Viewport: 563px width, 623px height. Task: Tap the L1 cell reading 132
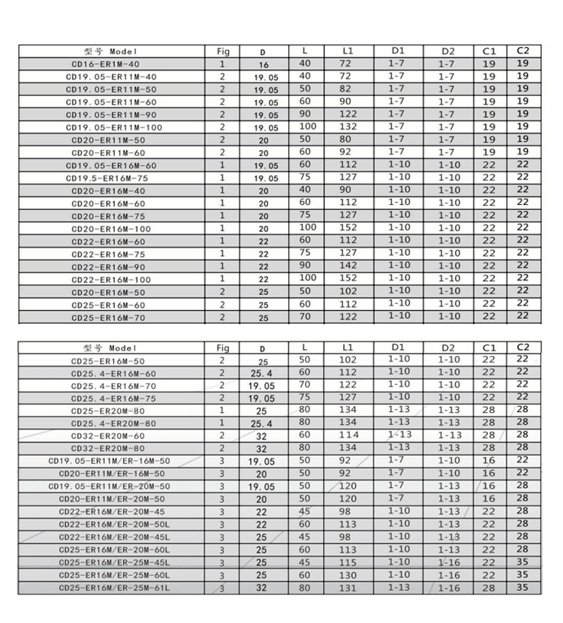[x=345, y=127]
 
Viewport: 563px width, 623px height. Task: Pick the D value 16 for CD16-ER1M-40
[x=263, y=65]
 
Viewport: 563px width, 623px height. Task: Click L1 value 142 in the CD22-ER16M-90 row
[x=347, y=266]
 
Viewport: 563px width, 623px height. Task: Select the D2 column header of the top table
[x=448, y=51]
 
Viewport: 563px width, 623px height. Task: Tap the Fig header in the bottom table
[x=223, y=348]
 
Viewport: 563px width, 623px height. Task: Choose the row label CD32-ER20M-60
[x=108, y=436]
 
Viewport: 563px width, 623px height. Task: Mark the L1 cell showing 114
[x=347, y=435]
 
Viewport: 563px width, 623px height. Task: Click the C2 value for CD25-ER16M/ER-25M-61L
[x=523, y=588]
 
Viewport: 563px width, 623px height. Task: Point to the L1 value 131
[x=347, y=588]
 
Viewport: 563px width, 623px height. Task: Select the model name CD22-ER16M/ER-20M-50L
[x=114, y=525]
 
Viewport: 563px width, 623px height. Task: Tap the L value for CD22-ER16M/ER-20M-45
[x=304, y=511]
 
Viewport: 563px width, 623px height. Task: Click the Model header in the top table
[x=111, y=52]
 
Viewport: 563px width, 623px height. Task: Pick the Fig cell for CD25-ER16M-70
[x=222, y=318]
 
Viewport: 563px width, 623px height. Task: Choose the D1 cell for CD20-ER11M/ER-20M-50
[x=399, y=498]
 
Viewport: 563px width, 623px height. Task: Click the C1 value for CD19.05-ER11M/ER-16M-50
[x=489, y=460]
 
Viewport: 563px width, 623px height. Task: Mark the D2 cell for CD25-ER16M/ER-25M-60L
[x=449, y=575]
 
